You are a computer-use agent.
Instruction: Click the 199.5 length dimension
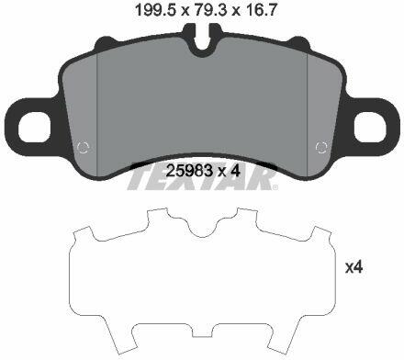[155, 11]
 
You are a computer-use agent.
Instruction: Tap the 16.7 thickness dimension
[260, 11]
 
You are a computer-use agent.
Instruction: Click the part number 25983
[189, 171]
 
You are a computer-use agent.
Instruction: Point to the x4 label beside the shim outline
[354, 267]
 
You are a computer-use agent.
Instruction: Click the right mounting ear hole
[370, 127]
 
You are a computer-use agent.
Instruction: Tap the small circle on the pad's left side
[83, 148]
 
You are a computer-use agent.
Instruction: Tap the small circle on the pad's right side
[321, 148]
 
